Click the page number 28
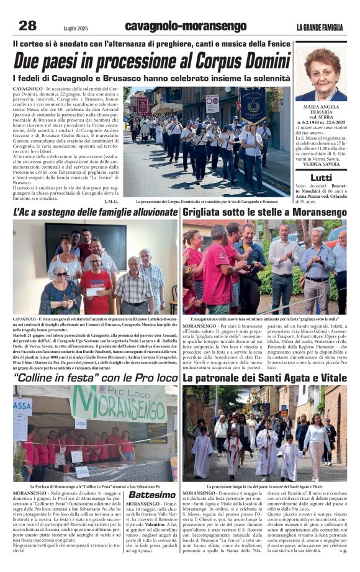click(x=27, y=25)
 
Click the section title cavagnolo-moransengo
click(x=185, y=26)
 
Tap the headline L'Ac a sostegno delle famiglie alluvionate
click(x=96, y=212)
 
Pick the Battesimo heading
click(x=152, y=494)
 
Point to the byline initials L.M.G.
click(x=112, y=201)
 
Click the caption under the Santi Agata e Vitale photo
click(x=264, y=486)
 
